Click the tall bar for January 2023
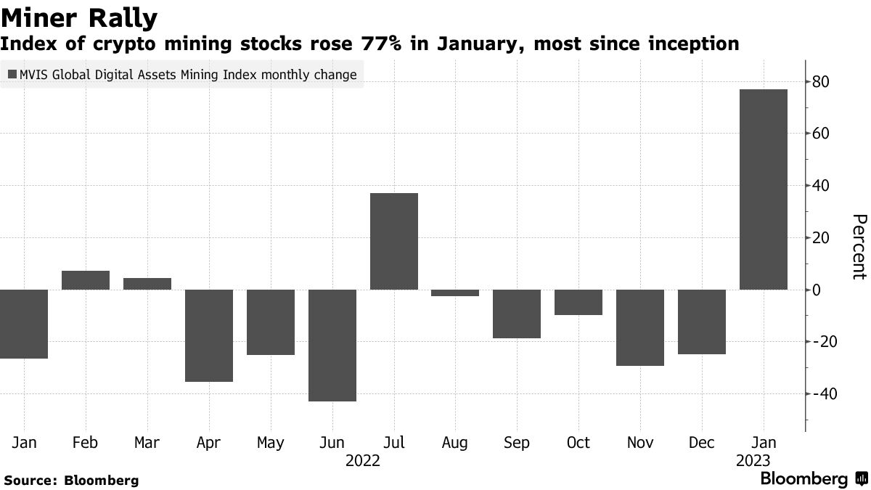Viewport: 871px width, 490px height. [x=763, y=189]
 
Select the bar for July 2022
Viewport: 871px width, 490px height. [x=394, y=241]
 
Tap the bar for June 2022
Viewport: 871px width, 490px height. [x=332, y=345]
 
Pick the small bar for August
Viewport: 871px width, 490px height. [x=455, y=293]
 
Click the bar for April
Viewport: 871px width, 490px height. [x=209, y=335]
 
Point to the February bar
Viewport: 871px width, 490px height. [x=86, y=280]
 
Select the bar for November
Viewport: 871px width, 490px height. [x=639, y=327]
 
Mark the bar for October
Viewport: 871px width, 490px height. [x=578, y=302]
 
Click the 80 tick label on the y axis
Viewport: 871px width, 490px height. [x=820, y=82]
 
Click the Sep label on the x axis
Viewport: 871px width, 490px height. [x=517, y=442]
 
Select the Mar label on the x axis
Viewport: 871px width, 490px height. [x=147, y=442]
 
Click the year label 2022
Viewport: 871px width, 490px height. [x=363, y=460]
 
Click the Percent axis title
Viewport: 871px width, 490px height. [x=859, y=247]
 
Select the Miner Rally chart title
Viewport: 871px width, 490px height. [x=79, y=17]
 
